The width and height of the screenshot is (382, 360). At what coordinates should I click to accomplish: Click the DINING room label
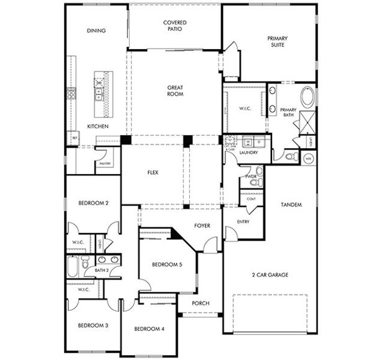click(96, 31)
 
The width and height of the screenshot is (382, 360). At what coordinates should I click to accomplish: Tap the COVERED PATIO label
click(175, 26)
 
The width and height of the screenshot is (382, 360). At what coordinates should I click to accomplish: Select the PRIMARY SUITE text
click(277, 41)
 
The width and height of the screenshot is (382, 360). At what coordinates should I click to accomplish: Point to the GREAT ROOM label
click(175, 91)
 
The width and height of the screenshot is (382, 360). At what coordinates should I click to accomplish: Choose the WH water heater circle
click(309, 158)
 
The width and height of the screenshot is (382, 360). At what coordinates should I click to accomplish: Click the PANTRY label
click(105, 163)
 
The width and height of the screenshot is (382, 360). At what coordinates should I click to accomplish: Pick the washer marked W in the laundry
click(247, 143)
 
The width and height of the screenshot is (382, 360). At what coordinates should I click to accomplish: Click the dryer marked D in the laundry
click(256, 143)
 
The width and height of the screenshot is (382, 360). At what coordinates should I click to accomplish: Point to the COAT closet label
click(251, 199)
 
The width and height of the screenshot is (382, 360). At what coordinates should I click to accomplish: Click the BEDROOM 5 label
click(163, 265)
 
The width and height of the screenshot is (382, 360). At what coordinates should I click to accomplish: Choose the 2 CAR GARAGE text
click(270, 274)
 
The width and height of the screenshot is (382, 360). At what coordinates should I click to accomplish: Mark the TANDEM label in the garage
click(291, 205)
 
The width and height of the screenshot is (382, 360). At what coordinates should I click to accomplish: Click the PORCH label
click(200, 304)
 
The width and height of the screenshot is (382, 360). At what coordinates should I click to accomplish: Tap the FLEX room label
click(153, 173)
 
